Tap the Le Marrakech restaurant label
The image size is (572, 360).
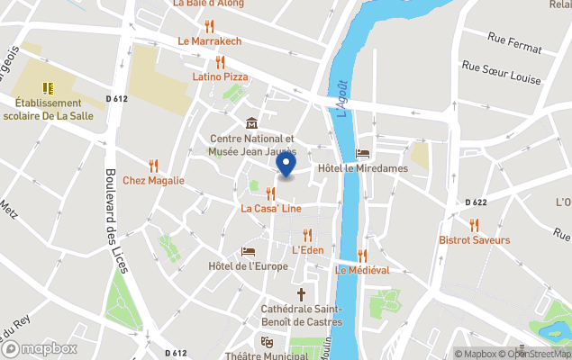point(209,41)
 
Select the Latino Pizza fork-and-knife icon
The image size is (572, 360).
point(220,62)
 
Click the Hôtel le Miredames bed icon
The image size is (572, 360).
point(363,154)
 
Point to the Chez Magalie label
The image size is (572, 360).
point(153,180)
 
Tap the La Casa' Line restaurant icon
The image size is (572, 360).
point(269,193)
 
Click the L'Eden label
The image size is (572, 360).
point(308,249)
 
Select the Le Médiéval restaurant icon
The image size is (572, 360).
point(362,256)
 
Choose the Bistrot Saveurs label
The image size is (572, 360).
point(474,240)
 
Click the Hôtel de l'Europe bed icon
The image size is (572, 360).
point(249,251)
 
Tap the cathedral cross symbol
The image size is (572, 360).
point(302,294)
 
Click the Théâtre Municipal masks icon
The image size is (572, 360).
point(266,342)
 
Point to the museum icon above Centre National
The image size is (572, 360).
point(251,123)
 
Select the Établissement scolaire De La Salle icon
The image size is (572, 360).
point(48,87)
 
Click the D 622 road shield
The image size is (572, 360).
point(477,202)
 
